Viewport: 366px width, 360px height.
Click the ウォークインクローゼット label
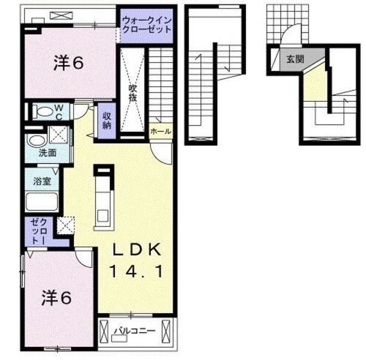point(147,25)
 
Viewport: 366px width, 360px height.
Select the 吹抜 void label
point(132,93)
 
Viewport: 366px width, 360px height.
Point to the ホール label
point(161,131)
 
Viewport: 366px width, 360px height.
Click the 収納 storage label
point(107,121)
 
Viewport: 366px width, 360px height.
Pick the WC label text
point(59,112)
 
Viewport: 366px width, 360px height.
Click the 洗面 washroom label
point(47,153)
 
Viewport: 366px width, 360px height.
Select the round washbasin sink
point(37,141)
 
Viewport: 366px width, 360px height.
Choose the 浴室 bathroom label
point(42,181)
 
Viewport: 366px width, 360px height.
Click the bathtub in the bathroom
point(42,202)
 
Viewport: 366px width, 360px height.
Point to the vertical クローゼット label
point(39,231)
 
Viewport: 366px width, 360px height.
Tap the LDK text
point(137,250)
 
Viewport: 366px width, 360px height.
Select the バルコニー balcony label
point(134,331)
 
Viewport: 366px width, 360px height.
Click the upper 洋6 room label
point(69,62)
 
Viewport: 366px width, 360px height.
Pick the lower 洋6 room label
point(57,298)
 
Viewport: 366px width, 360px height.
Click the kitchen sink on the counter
point(103,215)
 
